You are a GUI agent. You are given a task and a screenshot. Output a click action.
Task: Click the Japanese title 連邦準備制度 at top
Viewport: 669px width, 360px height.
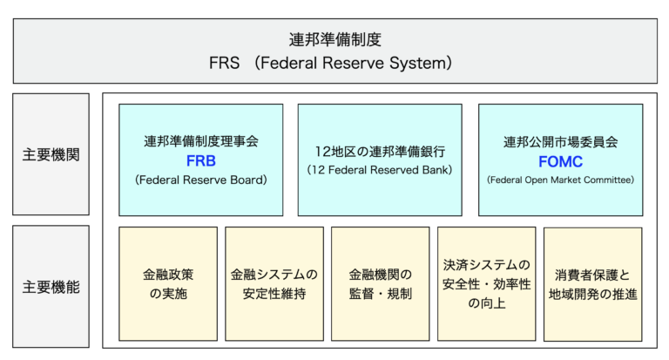coord(334,39)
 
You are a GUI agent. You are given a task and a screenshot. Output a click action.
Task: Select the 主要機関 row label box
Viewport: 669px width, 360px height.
coord(51,154)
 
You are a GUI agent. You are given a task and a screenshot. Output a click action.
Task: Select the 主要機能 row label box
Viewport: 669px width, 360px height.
coord(51,286)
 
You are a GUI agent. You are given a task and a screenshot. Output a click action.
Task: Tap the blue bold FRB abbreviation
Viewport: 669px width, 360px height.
coord(200,161)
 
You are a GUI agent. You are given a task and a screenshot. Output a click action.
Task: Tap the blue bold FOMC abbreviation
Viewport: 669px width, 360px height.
coord(560,161)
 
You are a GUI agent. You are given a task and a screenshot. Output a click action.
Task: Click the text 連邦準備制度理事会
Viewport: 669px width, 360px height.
coord(200,140)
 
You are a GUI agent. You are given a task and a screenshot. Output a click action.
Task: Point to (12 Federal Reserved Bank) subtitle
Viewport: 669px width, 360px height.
coord(379,169)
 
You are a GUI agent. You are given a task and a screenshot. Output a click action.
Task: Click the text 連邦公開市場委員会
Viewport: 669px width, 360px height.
coord(560,140)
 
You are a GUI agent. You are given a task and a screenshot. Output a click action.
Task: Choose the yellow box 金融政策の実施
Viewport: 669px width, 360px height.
coord(167,284)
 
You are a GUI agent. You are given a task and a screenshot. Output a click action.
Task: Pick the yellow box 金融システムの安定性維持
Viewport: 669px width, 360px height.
coord(274,284)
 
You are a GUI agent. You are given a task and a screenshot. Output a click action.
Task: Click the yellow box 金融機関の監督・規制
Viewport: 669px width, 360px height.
coord(380,284)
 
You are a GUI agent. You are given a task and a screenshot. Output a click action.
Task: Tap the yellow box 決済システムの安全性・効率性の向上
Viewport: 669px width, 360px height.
coord(486,284)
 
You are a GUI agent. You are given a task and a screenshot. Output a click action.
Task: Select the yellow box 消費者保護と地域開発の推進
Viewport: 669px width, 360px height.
coord(592,284)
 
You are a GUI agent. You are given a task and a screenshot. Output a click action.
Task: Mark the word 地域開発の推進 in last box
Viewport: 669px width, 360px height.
coord(592,295)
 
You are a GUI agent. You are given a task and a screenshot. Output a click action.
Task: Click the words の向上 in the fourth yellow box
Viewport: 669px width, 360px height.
coord(486,304)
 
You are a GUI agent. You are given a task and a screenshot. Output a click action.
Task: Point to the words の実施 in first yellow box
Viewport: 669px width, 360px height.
coord(167,295)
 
